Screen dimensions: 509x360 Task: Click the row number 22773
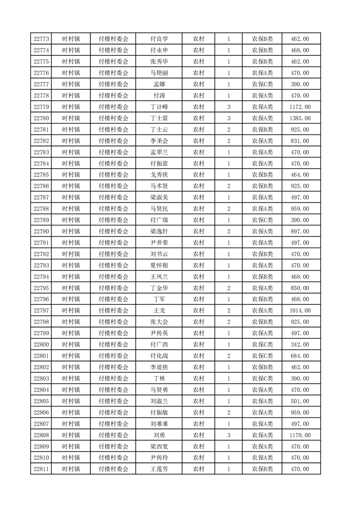[x=41, y=39]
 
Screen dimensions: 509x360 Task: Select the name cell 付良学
[x=159, y=39]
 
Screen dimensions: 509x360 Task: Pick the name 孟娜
[x=159, y=84]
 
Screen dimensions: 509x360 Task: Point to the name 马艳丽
[x=159, y=73]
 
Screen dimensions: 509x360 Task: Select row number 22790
[x=41, y=231]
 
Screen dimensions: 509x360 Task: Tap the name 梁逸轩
[x=159, y=231]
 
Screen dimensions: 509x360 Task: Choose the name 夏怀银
[x=159, y=265]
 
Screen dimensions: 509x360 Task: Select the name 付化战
[x=159, y=356]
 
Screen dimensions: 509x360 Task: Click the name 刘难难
[x=159, y=424]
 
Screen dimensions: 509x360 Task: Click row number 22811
[x=41, y=469]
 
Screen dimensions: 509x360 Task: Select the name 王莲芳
[x=159, y=469]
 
